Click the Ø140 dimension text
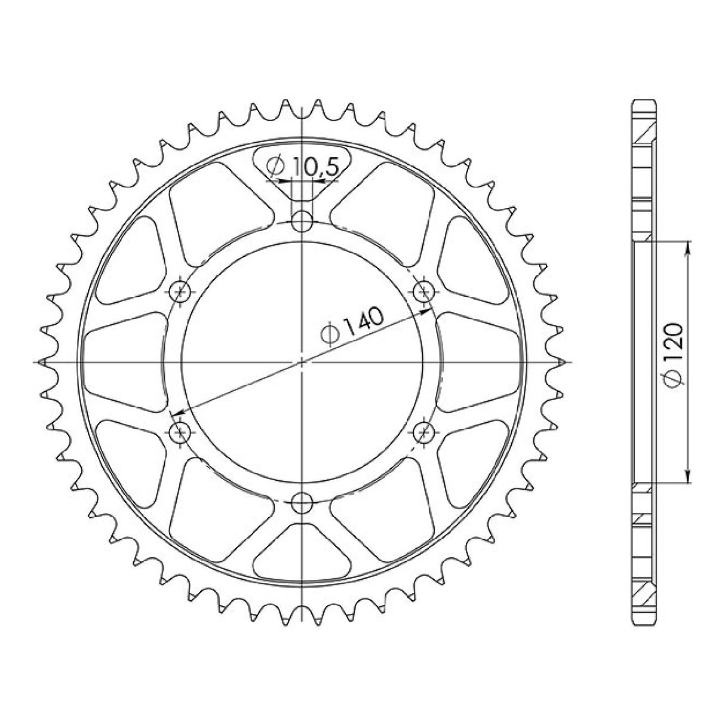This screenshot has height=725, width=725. pyautogui.click(x=354, y=325)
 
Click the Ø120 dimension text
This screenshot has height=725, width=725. pyautogui.click(x=673, y=356)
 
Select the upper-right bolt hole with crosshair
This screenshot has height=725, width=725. pyautogui.click(x=424, y=291)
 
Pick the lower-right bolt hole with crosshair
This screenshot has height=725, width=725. pyautogui.click(x=425, y=431)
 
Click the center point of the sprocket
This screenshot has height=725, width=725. pyautogui.click(x=302, y=361)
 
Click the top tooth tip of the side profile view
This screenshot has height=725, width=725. pyautogui.click(x=644, y=102)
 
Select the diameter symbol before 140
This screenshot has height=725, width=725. pyautogui.click(x=330, y=335)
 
